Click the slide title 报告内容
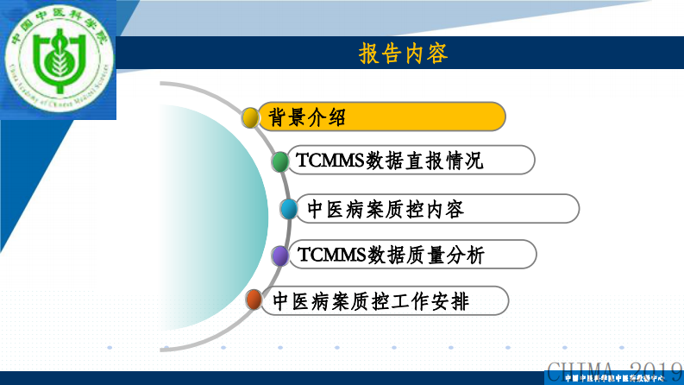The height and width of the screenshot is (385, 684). click(403, 54)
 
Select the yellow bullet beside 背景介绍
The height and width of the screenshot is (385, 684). click(250, 117)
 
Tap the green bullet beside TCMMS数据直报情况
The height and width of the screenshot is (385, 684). click(280, 161)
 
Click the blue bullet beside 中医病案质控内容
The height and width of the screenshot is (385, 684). click(290, 209)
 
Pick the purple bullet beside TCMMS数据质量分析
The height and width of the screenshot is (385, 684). click(279, 256)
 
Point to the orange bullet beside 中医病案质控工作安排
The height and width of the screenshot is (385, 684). click(254, 300)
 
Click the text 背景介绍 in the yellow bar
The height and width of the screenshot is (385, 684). click(307, 117)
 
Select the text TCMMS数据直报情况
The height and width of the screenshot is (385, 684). click(389, 161)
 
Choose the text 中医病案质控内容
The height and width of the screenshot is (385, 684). click(386, 209)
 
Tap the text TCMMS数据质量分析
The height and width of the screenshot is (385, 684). click(391, 255)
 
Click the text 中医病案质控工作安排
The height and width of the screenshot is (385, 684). click(371, 301)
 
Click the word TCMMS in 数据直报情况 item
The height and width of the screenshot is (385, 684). click(329, 161)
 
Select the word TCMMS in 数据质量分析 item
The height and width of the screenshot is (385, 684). click(330, 255)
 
